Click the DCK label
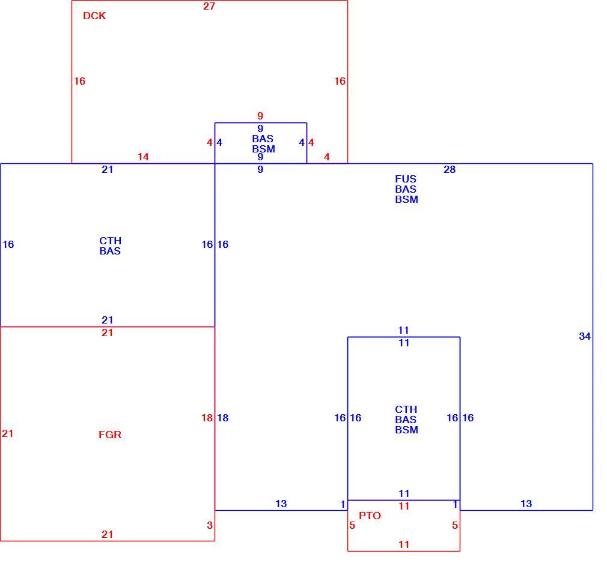(94, 16)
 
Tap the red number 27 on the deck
(209, 6)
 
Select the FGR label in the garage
(110, 435)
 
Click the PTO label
(370, 516)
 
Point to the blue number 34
(585, 336)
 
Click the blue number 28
(450, 169)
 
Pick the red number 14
(143, 157)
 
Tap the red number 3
(209, 525)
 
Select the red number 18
(207, 418)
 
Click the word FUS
(406, 179)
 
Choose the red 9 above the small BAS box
(260, 116)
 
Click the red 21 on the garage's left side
(8, 434)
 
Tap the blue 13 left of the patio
(281, 504)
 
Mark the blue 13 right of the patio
(526, 504)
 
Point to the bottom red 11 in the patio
(404, 544)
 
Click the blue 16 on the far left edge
(8, 244)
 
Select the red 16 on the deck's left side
(79, 81)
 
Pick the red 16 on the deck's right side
(340, 81)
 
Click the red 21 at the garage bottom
(107, 535)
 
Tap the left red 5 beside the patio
(352, 525)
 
